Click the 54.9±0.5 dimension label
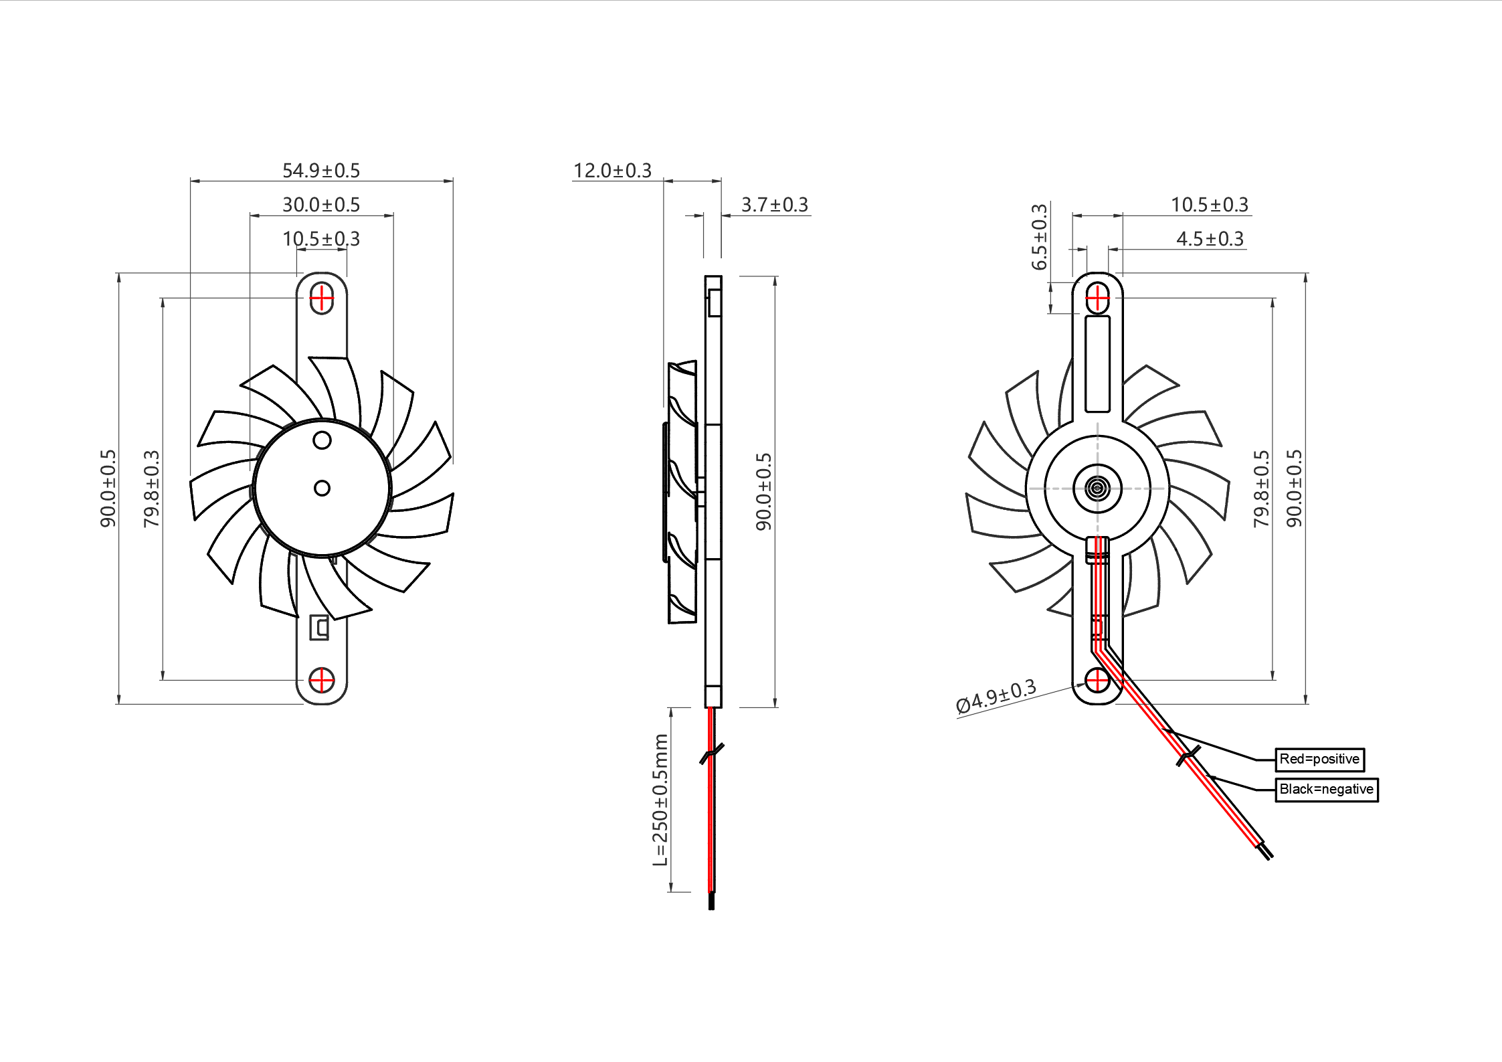click(x=321, y=171)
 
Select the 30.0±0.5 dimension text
click(x=321, y=205)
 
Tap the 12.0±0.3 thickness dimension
click(x=612, y=171)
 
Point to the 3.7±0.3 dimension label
click(x=775, y=205)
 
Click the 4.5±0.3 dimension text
click(x=1210, y=239)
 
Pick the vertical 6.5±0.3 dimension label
click(x=1039, y=237)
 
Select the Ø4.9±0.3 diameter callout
click(x=996, y=697)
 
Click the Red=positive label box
click(x=1319, y=760)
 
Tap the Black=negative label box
click(x=1326, y=790)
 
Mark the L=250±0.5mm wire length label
click(x=660, y=800)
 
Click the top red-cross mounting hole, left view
click(x=322, y=298)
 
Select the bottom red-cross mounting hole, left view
click(x=322, y=681)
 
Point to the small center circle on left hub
click(x=322, y=489)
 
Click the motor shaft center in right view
click(x=1097, y=488)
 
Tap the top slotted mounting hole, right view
click(x=1097, y=298)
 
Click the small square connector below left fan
click(x=319, y=628)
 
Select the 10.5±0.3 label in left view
click(x=321, y=239)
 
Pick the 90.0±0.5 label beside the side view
click(x=763, y=492)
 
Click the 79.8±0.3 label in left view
click(x=152, y=489)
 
